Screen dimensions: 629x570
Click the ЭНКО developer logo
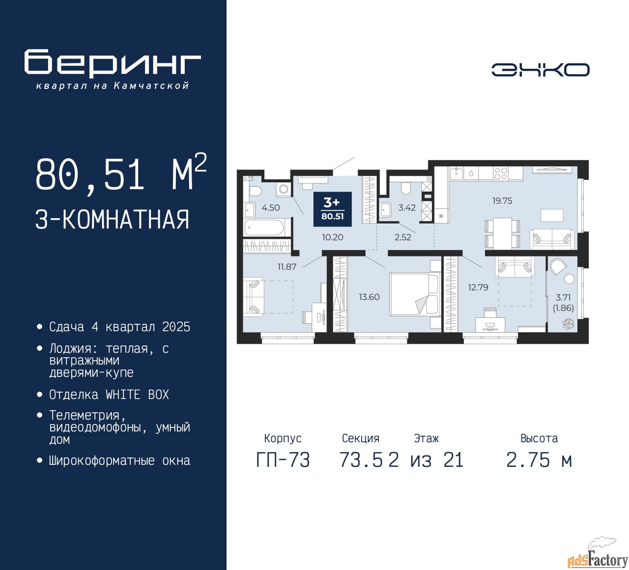click(540, 70)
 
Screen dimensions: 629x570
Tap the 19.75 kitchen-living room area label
click(502, 200)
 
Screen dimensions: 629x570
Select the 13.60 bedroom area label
click(369, 297)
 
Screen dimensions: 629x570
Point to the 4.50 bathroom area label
click(271, 207)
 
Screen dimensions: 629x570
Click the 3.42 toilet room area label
click(407, 207)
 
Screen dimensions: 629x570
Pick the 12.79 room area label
click(478, 287)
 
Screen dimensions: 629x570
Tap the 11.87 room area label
click(286, 266)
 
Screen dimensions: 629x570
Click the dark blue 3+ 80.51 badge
click(332, 209)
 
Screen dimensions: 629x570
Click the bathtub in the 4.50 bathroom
click(264, 227)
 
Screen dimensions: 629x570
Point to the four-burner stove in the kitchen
click(500, 173)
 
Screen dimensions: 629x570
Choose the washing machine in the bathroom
click(284, 189)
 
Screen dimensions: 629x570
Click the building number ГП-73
click(283, 460)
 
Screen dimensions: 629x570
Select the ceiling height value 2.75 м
click(539, 460)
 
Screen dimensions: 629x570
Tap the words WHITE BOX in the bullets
click(137, 395)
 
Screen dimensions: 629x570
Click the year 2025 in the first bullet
click(176, 327)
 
